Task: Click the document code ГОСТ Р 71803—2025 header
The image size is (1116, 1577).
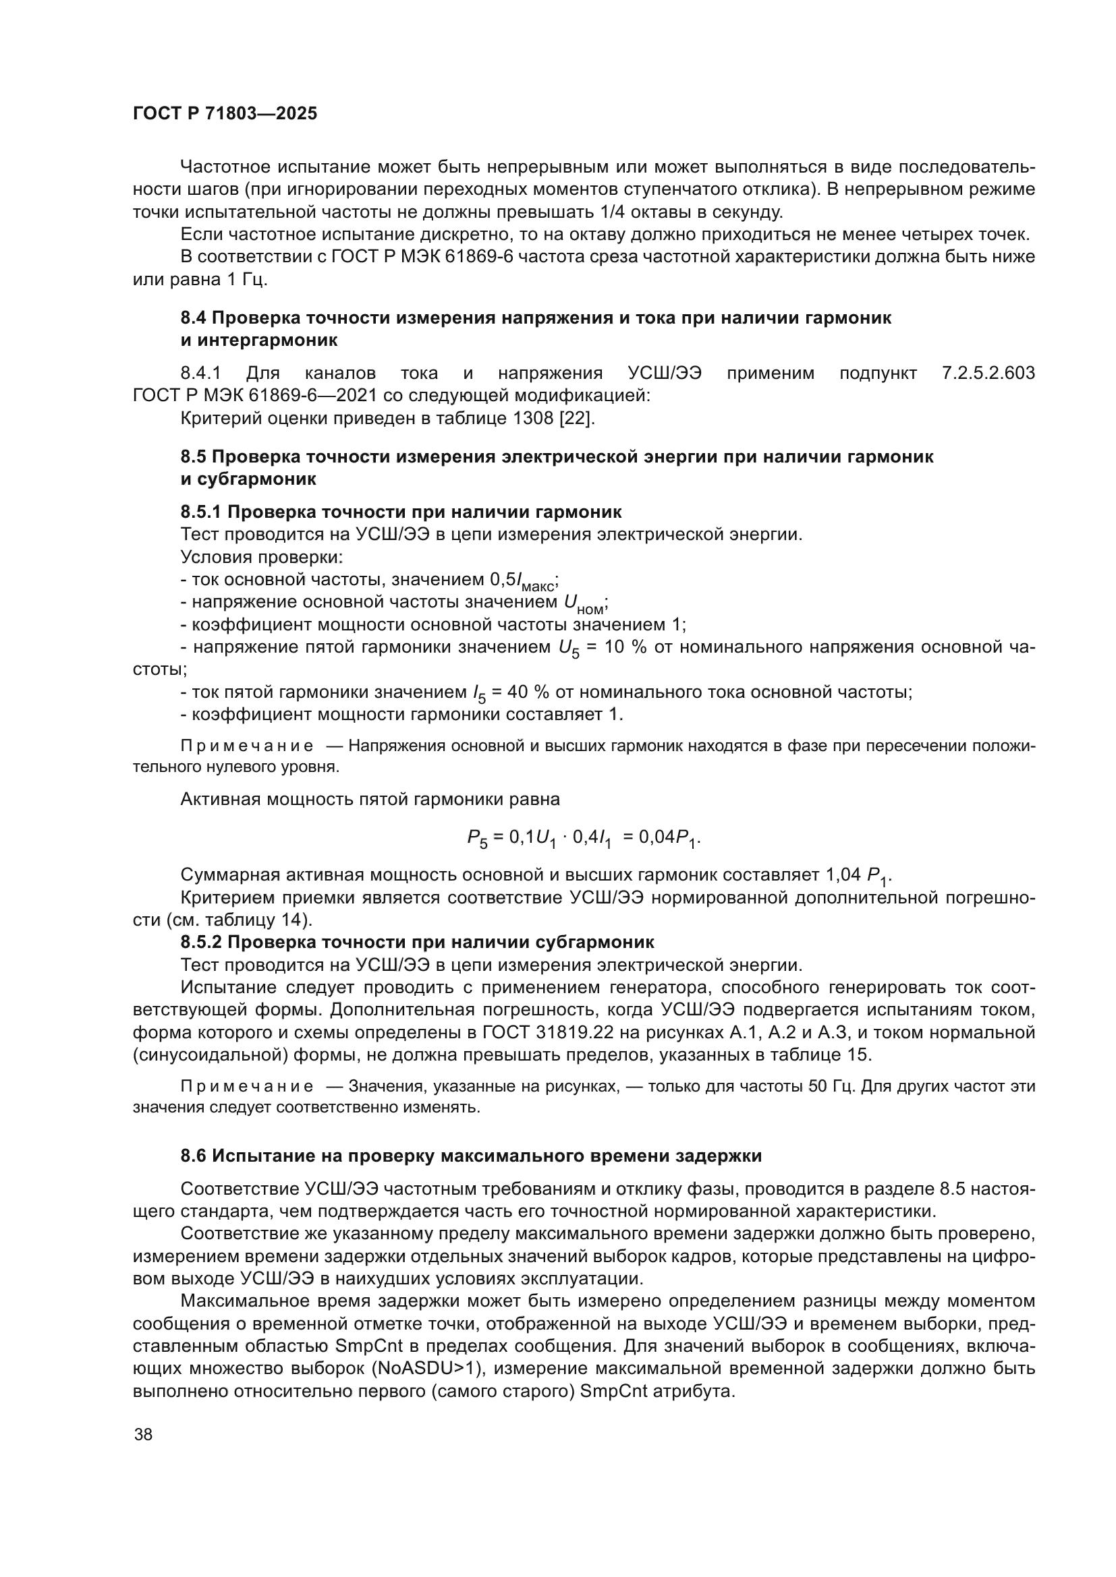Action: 225,114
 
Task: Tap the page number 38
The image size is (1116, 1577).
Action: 144,1434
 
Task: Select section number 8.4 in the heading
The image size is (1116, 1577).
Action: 193,318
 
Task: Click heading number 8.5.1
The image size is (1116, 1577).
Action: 200,512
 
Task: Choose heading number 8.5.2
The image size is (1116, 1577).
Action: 200,942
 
